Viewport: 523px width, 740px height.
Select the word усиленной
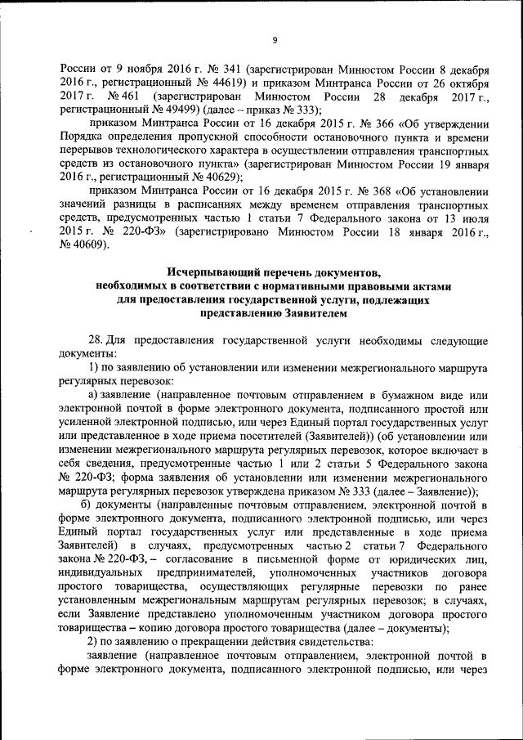[x=86, y=425]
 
